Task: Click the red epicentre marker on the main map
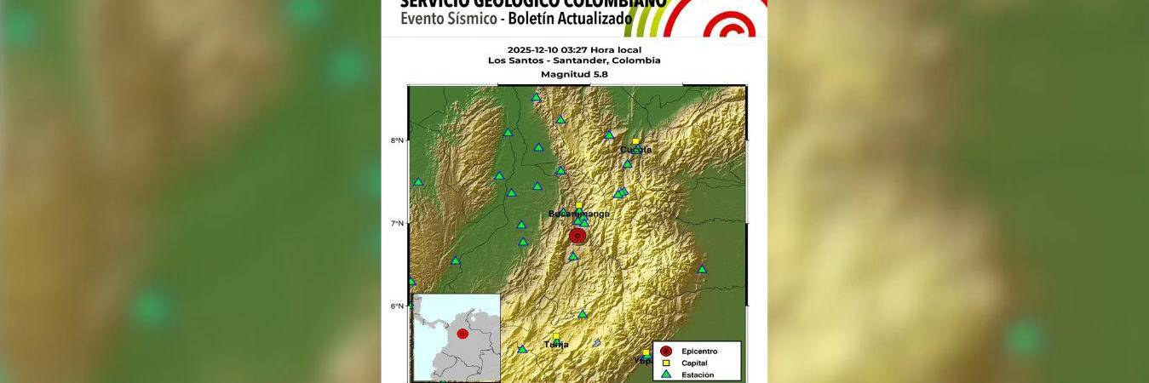(x=577, y=236)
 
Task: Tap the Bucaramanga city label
(x=579, y=214)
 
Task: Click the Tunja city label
(x=556, y=345)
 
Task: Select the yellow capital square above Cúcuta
(x=635, y=141)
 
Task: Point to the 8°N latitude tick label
(x=397, y=140)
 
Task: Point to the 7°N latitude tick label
(x=397, y=223)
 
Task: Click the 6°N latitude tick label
(x=397, y=306)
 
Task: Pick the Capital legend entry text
(x=695, y=363)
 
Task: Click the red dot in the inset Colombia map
(x=462, y=334)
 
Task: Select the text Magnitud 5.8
(x=574, y=74)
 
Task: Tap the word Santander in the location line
(x=595, y=60)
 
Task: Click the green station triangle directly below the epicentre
(x=573, y=256)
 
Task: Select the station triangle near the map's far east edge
(x=703, y=269)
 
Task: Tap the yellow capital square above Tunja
(x=556, y=336)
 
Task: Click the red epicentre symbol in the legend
(x=666, y=351)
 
